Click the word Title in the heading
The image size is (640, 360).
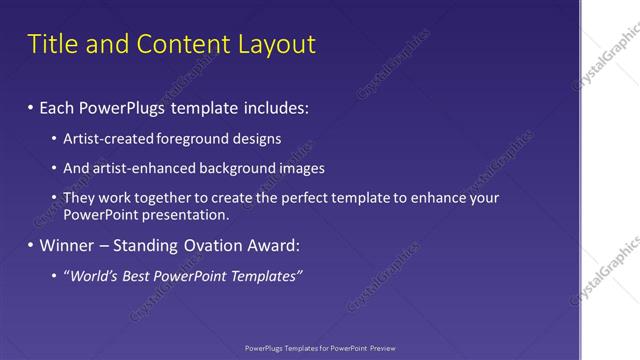tap(52, 45)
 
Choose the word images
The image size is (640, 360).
tap(299, 168)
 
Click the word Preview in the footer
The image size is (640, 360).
tap(381, 348)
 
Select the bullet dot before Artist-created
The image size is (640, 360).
tap(55, 139)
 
